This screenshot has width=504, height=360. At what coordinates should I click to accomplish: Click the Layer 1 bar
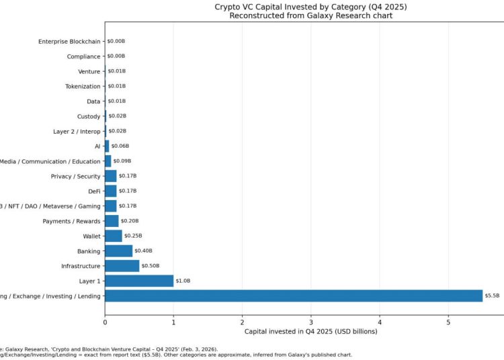(139, 281)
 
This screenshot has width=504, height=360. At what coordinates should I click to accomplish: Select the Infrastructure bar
(122, 266)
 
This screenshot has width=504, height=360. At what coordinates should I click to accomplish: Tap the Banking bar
(118, 251)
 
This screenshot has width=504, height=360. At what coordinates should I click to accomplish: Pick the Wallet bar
(113, 236)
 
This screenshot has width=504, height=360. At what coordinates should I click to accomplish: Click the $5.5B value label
(492, 296)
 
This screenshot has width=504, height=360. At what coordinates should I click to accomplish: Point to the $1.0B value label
(183, 281)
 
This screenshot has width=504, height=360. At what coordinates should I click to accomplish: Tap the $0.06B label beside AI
(120, 146)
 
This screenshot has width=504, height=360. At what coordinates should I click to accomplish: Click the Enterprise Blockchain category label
(69, 42)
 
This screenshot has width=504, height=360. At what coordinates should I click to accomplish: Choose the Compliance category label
(83, 56)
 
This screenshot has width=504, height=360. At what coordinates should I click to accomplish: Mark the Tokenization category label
(83, 87)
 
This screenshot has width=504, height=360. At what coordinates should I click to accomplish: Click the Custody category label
(89, 116)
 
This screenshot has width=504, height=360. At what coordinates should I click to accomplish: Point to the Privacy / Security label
(75, 176)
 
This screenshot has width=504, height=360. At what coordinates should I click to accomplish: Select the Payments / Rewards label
(71, 221)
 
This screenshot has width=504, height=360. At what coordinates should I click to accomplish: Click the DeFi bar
(111, 191)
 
